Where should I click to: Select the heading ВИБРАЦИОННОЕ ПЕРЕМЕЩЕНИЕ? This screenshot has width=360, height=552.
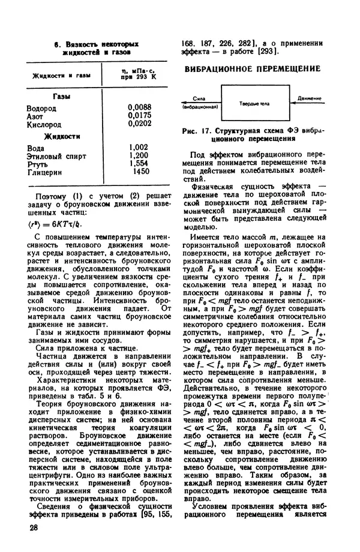(251, 69)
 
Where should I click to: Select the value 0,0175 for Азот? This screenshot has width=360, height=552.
(139, 116)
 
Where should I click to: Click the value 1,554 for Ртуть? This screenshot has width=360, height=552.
(138, 163)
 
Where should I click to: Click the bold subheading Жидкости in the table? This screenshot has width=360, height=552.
(70, 136)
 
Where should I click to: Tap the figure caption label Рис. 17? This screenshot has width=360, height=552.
(197, 130)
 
